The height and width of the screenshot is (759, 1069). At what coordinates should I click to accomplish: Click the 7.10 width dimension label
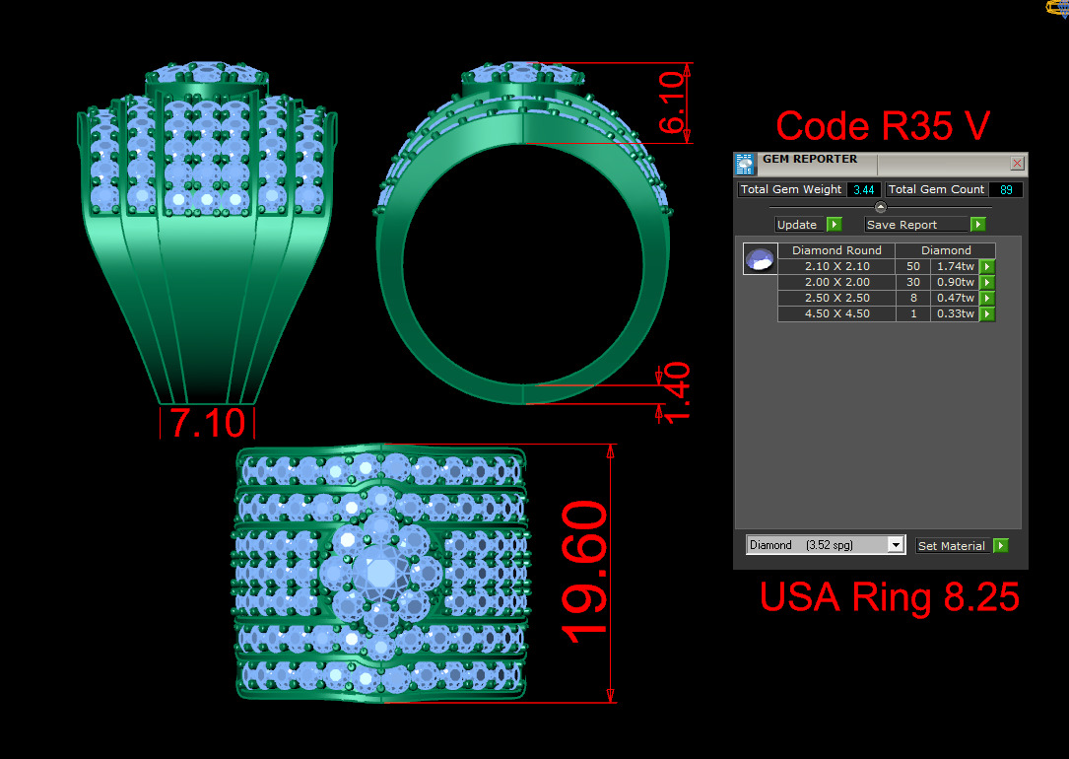tap(207, 423)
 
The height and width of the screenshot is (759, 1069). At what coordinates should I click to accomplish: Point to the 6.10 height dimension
tap(672, 103)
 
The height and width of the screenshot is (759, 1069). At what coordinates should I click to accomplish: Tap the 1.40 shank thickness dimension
tap(672, 392)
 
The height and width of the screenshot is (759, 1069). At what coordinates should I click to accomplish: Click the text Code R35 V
tap(882, 126)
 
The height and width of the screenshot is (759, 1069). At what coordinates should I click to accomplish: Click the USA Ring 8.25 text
tap(889, 597)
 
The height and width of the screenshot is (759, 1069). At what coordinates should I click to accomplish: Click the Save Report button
tap(923, 225)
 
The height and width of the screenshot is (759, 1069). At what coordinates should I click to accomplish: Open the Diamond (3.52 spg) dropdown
tap(826, 545)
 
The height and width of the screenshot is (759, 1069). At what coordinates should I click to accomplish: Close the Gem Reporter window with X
tap(1017, 163)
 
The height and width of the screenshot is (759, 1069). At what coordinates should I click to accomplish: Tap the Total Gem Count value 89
tap(1006, 189)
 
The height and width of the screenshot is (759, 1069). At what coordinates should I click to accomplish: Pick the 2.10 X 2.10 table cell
tap(836, 266)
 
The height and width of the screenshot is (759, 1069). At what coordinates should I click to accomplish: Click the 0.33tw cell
tap(954, 314)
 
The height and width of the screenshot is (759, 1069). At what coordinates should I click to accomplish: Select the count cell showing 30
tap(912, 282)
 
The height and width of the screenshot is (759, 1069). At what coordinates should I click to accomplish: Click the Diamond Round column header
tap(836, 250)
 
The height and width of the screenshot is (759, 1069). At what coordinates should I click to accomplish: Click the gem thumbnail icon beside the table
tap(760, 259)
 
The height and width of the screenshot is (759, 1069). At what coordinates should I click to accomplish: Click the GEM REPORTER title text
tap(810, 160)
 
